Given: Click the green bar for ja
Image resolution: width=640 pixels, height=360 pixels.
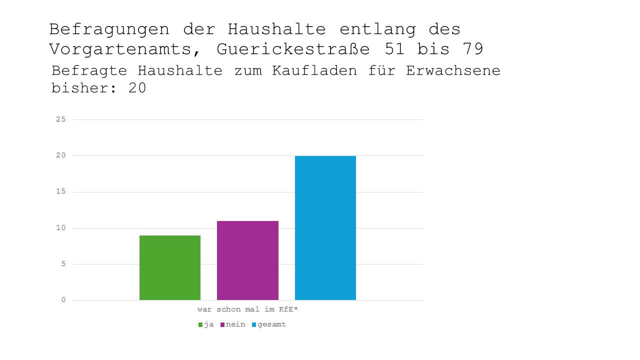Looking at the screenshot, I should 170,267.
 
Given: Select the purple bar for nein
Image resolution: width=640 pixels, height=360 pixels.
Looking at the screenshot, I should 247,260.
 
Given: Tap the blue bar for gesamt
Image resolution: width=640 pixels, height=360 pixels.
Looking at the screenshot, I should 325,227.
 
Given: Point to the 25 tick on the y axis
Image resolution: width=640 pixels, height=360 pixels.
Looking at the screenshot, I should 61,119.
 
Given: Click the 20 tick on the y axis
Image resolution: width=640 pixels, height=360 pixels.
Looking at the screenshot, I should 61,155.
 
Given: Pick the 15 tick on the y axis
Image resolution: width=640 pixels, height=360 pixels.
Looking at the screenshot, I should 61,192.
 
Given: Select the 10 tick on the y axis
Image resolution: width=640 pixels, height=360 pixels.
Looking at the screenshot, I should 61,228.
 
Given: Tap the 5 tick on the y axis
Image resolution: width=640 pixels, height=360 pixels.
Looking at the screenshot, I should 63,264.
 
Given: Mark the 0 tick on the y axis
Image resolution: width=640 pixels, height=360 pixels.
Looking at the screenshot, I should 63,300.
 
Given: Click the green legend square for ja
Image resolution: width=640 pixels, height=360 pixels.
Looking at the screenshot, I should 200,324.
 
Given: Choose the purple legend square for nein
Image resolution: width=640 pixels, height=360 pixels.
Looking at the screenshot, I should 222,324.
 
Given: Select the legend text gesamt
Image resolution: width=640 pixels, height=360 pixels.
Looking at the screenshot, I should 272,324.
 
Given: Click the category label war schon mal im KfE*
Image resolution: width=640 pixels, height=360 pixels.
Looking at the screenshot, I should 247,309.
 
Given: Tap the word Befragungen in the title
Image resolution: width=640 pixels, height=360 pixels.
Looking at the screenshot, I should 109,29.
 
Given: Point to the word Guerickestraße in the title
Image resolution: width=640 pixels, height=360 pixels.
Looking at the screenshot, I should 293,49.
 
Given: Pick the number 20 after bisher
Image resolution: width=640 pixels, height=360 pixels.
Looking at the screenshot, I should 136,88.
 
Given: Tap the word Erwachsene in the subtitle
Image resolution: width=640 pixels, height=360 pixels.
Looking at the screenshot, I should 453,70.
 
